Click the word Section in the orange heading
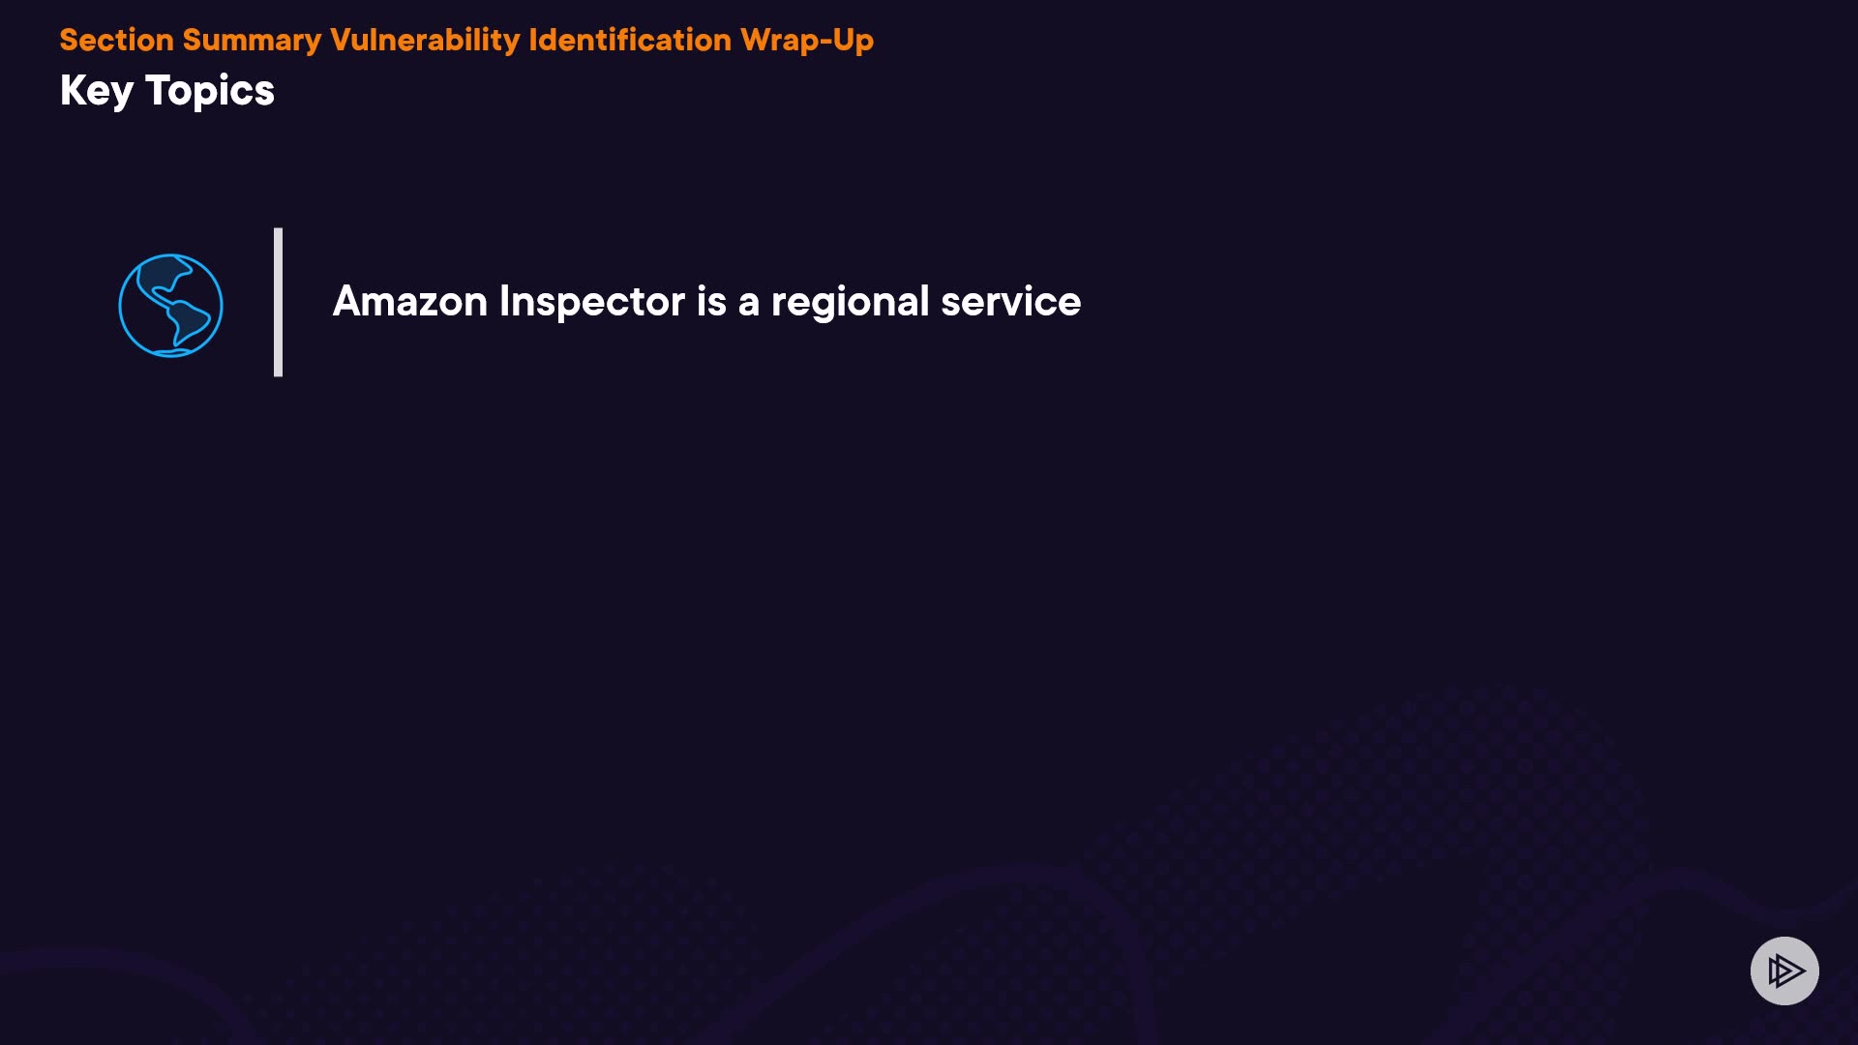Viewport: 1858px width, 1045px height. point(116,40)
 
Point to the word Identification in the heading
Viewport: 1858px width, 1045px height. point(630,40)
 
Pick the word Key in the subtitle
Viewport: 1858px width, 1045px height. point(97,92)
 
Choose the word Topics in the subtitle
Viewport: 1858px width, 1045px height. point(210,92)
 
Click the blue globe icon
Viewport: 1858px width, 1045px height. point(170,306)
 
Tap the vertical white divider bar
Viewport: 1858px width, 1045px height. point(278,302)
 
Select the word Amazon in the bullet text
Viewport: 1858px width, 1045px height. point(410,301)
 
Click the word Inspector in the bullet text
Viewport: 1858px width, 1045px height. point(592,303)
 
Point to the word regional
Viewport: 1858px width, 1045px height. point(850,303)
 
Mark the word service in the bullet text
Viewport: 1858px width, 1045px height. point(1010,301)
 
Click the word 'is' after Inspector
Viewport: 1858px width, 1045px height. point(711,301)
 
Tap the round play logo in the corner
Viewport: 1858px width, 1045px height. point(1784,970)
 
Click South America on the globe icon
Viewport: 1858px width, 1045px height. point(189,322)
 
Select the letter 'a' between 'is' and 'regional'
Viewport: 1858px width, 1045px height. point(748,305)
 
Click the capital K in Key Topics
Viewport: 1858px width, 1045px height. point(74,90)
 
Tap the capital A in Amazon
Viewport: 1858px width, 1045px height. point(348,301)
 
